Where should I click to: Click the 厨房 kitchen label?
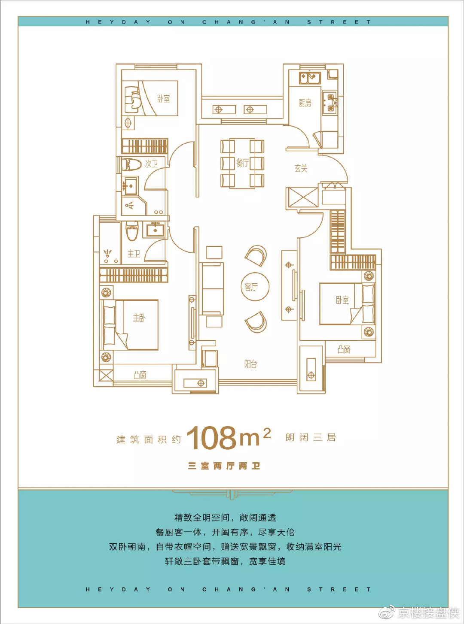[x=305, y=103]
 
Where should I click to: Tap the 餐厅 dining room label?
[x=242, y=163]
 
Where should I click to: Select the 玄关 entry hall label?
[x=301, y=168]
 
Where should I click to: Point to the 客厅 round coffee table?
[x=255, y=287]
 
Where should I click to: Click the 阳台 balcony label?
[x=250, y=364]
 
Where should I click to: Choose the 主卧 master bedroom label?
[x=139, y=318]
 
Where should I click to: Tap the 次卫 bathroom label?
[x=151, y=164]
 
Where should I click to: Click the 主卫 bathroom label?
[x=134, y=254]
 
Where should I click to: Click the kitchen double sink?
[x=310, y=78]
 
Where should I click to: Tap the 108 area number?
[x=211, y=438]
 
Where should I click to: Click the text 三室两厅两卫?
[x=224, y=466]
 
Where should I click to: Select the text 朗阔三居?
[x=311, y=437]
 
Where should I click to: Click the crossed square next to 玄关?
[x=302, y=197]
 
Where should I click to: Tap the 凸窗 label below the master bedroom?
[x=140, y=375]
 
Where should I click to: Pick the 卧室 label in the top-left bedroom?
[x=163, y=99]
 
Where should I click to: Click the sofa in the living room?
[x=213, y=288]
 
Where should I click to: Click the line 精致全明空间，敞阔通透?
[x=225, y=518]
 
